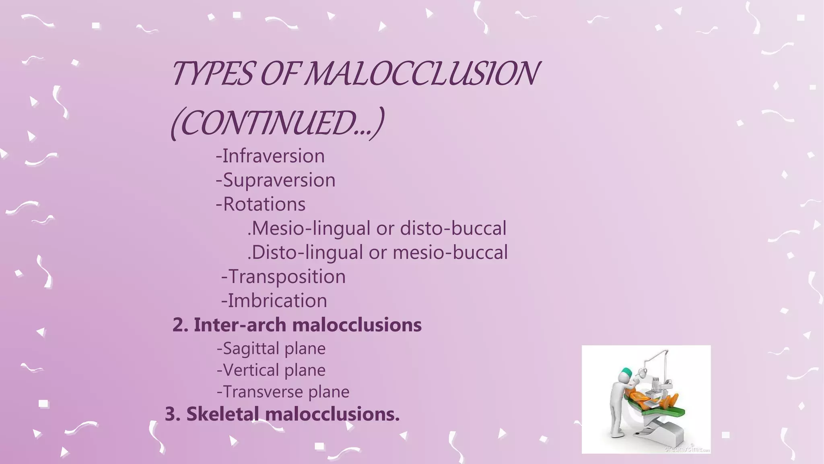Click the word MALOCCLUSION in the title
(x=421, y=73)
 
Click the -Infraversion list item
(x=270, y=156)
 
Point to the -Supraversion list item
(x=276, y=180)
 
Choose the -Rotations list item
(x=261, y=204)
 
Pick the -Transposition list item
(x=284, y=277)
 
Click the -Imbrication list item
(x=274, y=301)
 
